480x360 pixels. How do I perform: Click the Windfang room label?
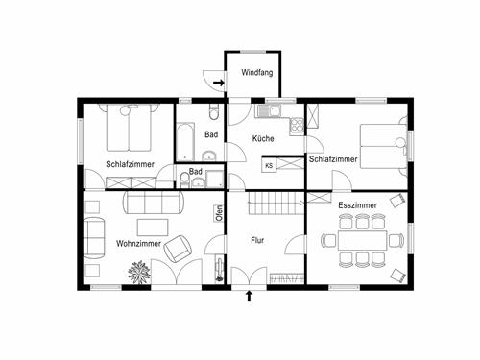(x=256, y=72)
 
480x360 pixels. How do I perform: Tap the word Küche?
(x=263, y=139)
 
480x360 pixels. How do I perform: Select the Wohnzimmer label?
(x=138, y=243)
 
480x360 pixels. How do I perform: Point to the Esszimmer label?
(x=357, y=205)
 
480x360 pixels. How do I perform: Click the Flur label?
(x=257, y=240)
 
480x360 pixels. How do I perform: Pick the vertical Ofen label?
(x=219, y=213)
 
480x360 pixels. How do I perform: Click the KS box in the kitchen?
(x=269, y=166)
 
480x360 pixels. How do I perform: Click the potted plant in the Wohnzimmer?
(x=139, y=274)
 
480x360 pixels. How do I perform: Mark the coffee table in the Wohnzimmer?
(x=152, y=227)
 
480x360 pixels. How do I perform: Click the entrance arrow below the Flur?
(x=250, y=296)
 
